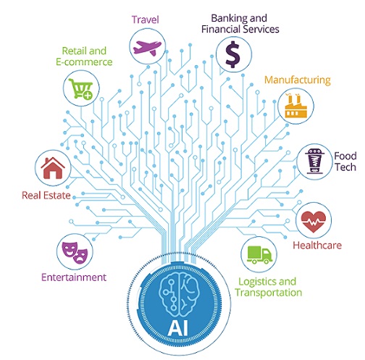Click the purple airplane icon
(147, 47)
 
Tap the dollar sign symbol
(232, 54)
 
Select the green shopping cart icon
(81, 88)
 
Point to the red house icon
(53, 168)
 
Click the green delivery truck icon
(259, 255)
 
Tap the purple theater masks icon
(75, 252)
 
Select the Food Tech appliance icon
(314, 161)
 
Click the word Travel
(146, 20)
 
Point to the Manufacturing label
(298, 80)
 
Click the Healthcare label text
(317, 246)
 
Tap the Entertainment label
(74, 277)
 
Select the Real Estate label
(46, 196)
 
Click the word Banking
(229, 19)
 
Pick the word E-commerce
(84, 62)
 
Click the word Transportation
(269, 293)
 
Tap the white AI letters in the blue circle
(178, 328)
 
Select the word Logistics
(254, 282)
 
